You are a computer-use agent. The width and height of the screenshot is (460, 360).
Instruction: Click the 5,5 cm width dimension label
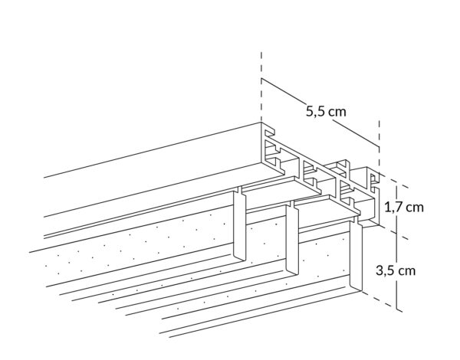pyautogui.click(x=326, y=112)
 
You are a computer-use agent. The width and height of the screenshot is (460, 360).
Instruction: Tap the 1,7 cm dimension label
pyautogui.click(x=404, y=208)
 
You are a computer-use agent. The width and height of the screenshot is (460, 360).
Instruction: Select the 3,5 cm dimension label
pyautogui.click(x=396, y=270)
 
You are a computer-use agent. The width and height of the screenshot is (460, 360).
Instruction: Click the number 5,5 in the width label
pyautogui.click(x=315, y=112)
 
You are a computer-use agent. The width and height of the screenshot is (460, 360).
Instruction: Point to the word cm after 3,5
pyautogui.click(x=407, y=271)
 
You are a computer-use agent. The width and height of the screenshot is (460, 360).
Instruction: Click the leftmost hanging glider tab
pyautogui.click(x=240, y=224)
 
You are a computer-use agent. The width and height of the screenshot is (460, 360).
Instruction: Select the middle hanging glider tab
pyautogui.click(x=293, y=239)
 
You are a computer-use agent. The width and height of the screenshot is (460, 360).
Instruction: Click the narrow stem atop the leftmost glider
pyautogui.click(x=240, y=189)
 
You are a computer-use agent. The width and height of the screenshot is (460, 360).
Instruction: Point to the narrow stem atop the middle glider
pyautogui.click(x=292, y=205)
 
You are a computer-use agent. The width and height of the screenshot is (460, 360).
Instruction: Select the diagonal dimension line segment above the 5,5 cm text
pyautogui.click(x=284, y=91)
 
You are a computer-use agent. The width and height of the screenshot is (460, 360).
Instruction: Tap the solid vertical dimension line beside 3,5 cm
pyautogui.click(x=396, y=247)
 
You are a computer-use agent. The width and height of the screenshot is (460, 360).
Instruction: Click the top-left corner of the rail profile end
pyautogui.click(x=261, y=123)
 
